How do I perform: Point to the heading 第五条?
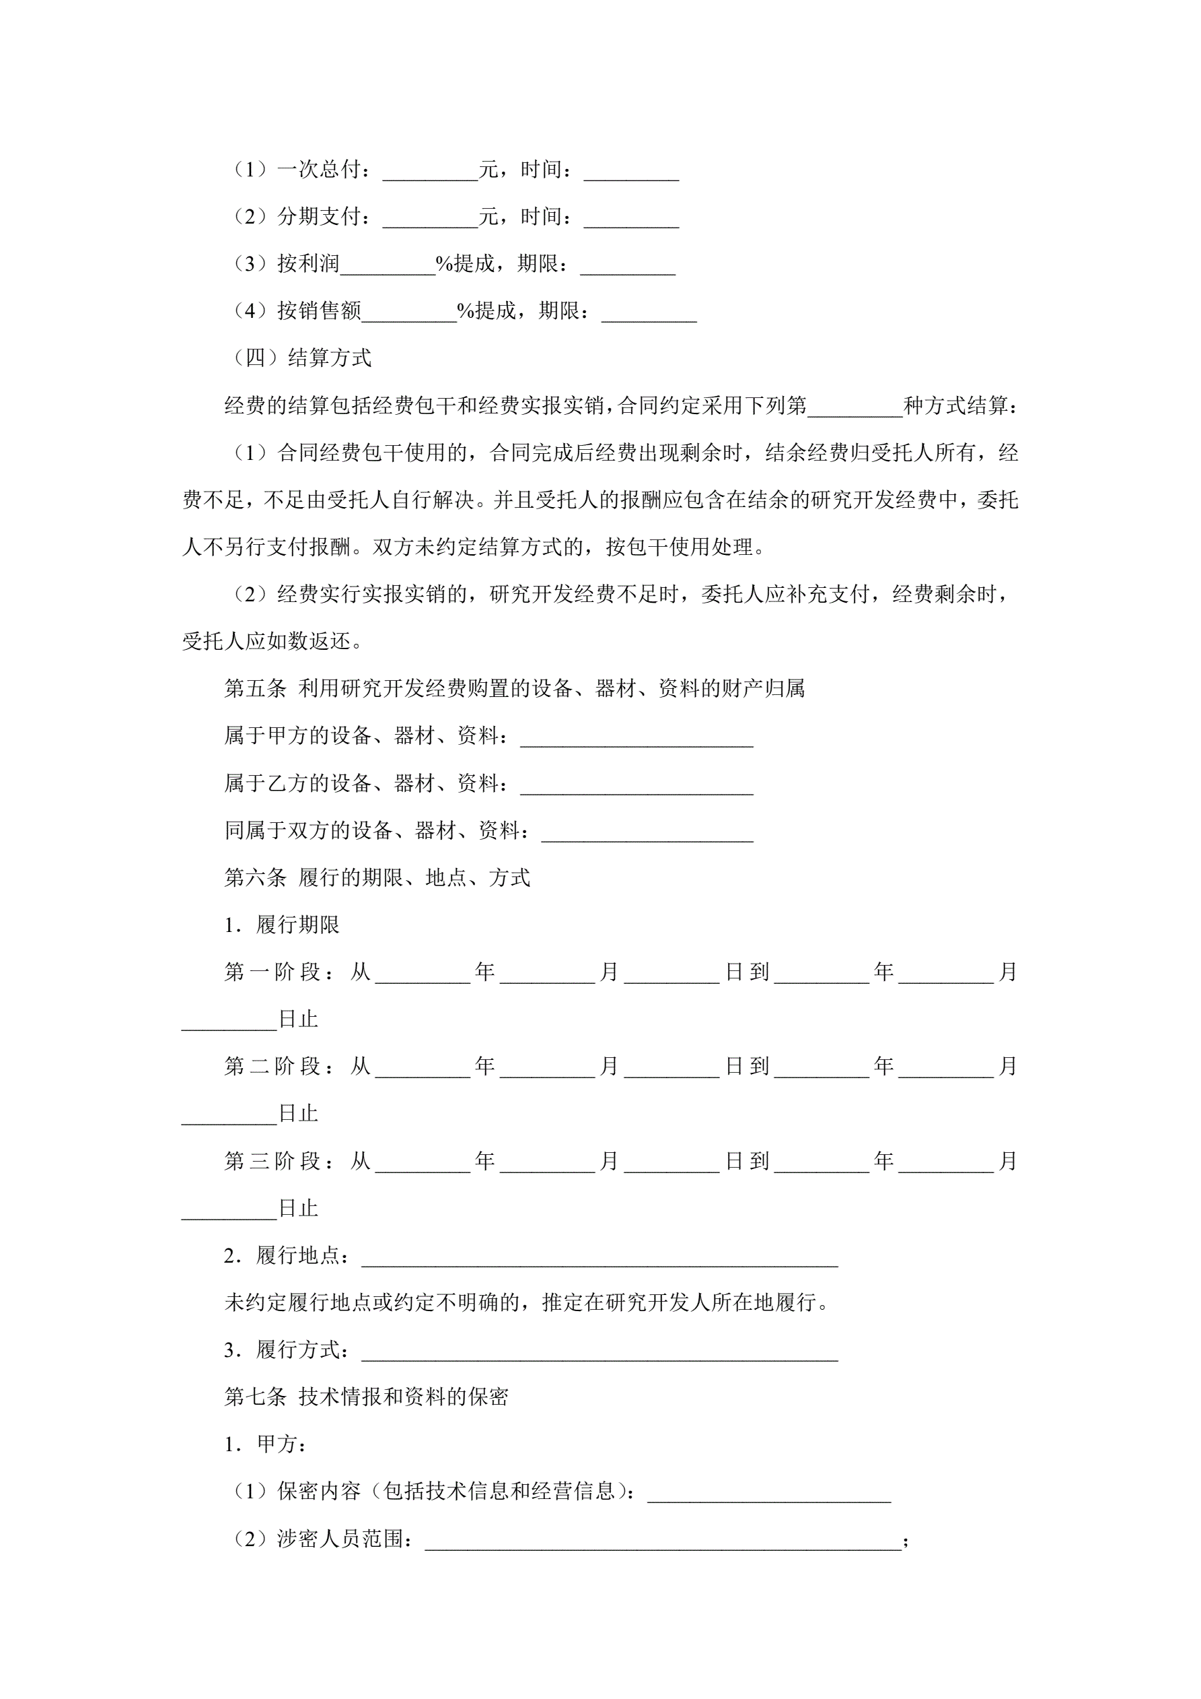[255, 689]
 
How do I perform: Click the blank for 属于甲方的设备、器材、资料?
[636, 739]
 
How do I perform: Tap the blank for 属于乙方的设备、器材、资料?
[636, 787]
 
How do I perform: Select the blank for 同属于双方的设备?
[647, 834]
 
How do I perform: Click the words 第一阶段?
[272, 972]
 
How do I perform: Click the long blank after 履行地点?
[599, 1259]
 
